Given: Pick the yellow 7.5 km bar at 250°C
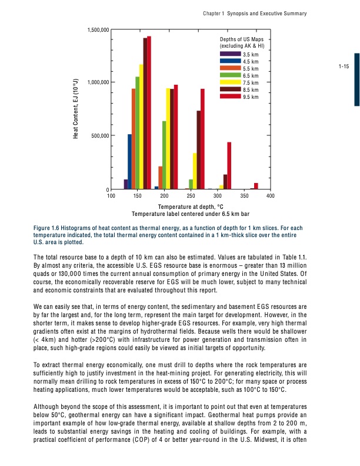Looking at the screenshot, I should (195, 171).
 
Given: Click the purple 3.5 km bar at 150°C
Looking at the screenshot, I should (126, 185).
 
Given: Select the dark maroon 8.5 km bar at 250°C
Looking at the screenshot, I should (199, 150).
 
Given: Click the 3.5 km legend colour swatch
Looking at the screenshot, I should (230, 54).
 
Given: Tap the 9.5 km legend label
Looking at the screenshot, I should (251, 96).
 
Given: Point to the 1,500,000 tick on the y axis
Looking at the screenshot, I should (97, 29).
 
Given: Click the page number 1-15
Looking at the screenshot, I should (344, 66).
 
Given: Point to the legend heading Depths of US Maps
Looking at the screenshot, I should (242, 39).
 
